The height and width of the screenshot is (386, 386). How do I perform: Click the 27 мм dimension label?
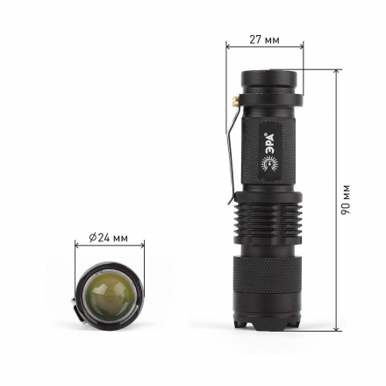coord(264,39)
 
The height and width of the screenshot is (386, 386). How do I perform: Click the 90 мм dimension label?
coord(346,200)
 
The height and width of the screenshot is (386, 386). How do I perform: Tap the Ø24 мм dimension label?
coord(109,238)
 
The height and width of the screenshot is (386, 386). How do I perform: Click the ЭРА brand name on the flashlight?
coord(269,141)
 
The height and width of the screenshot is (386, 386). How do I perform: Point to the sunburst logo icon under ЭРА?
coord(270,164)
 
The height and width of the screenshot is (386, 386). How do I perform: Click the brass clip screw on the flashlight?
coord(236,102)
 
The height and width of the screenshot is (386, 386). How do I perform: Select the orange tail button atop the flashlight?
coord(268,69)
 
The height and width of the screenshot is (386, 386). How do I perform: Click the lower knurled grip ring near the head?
coord(267,275)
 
